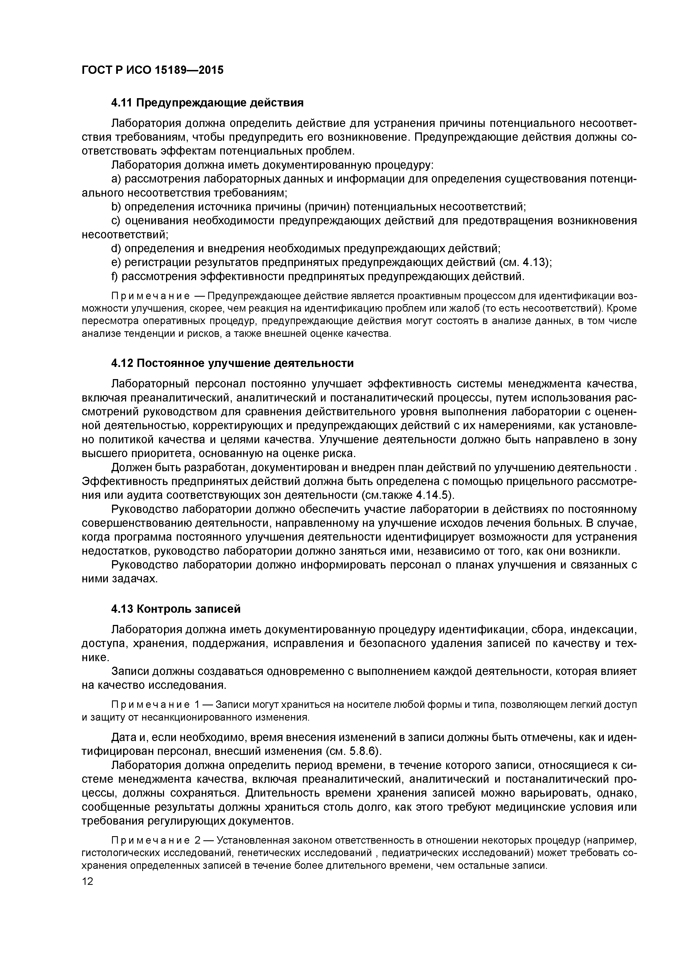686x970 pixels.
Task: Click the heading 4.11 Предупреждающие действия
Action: pyautogui.click(x=207, y=103)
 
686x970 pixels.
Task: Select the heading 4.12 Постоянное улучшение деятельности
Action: pyautogui.click(x=232, y=363)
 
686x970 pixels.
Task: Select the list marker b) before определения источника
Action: pyautogui.click(x=116, y=207)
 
